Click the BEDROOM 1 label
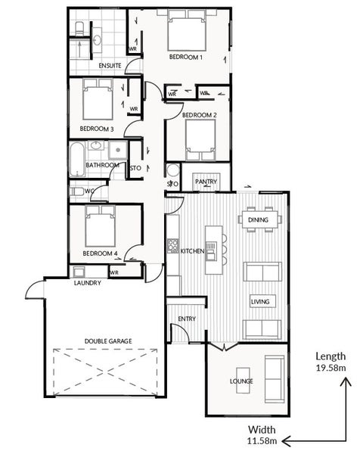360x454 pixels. [x=186, y=57]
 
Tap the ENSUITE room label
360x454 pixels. [x=110, y=66]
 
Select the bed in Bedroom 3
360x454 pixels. [x=98, y=99]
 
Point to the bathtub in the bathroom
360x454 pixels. [x=77, y=159]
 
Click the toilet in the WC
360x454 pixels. [x=76, y=191]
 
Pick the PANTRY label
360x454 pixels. [x=206, y=182]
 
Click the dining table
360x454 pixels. [x=259, y=219]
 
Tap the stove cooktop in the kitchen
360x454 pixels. [x=172, y=246]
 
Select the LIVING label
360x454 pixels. [x=260, y=302]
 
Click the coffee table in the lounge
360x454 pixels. [x=243, y=380]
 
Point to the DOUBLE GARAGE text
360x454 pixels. [x=108, y=341]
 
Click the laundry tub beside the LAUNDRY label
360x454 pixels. [x=79, y=272]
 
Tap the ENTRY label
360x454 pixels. [x=187, y=319]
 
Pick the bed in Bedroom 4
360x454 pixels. [x=100, y=225]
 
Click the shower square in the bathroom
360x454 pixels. [x=118, y=150]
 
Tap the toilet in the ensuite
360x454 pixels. [x=79, y=29]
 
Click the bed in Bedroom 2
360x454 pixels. [x=200, y=140]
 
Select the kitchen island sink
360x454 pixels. [x=211, y=247]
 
